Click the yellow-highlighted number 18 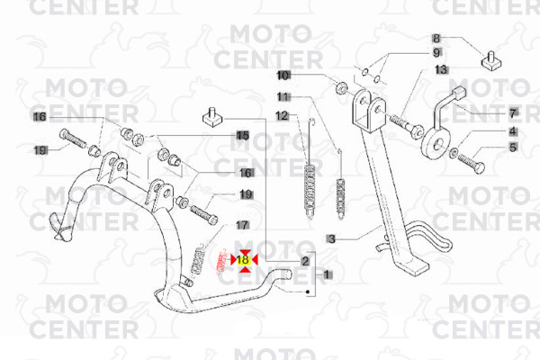point(244,260)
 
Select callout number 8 point(436,38)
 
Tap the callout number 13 point(441,69)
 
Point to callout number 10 point(283,76)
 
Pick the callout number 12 point(283,116)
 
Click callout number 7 point(513,113)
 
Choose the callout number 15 point(243,135)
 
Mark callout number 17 point(242,225)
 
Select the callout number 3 point(331,238)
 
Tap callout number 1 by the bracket point(327,274)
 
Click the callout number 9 point(436,53)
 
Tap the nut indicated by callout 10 point(341,88)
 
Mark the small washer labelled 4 point(454,152)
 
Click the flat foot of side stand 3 point(412,265)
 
